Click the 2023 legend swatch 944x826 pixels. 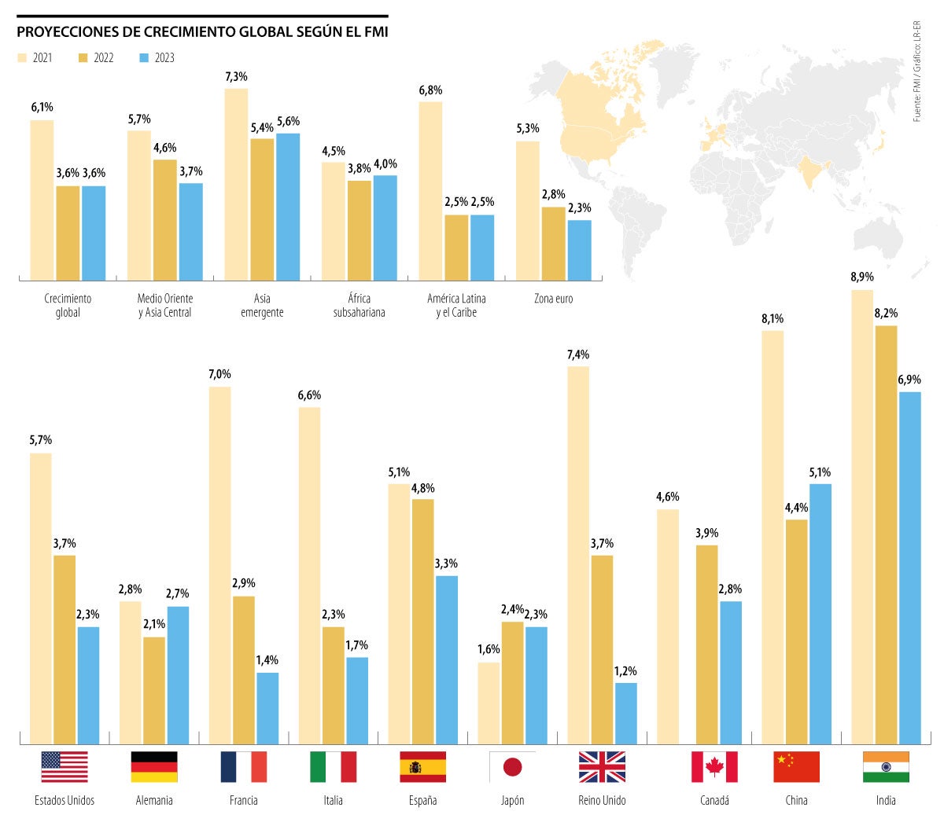(x=144, y=58)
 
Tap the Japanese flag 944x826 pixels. (x=512, y=767)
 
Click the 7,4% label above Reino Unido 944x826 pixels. (x=577, y=355)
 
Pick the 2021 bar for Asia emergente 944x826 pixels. (x=236, y=185)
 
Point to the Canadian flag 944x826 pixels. (x=714, y=767)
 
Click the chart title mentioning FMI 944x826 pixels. (x=202, y=32)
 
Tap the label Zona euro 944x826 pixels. (x=553, y=299)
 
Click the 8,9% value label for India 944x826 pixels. (x=861, y=277)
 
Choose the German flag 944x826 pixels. (x=154, y=767)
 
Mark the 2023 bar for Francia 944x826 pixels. (x=267, y=708)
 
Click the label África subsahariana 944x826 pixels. (x=359, y=306)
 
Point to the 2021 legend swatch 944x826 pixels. (x=22, y=58)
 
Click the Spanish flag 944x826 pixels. (x=422, y=767)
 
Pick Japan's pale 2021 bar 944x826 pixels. (x=489, y=703)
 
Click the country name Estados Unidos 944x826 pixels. (x=65, y=800)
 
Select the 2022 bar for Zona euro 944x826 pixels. (x=553, y=244)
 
